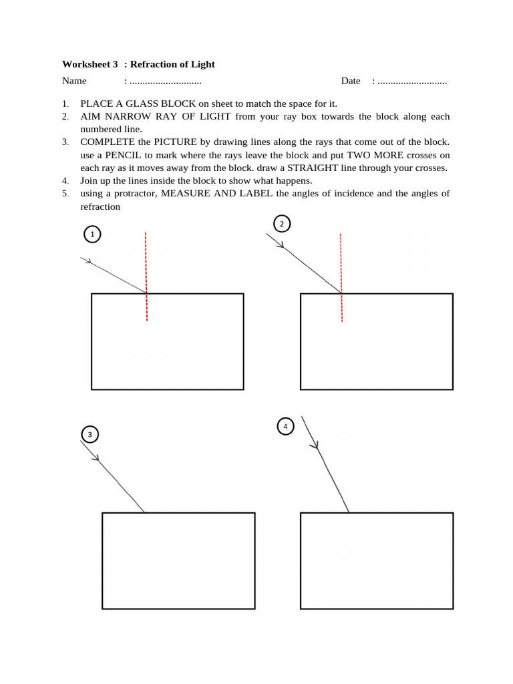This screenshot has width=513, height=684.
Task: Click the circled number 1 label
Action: [x=92, y=234]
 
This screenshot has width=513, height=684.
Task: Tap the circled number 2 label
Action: [x=282, y=224]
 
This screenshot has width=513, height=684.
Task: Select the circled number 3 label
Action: [x=90, y=435]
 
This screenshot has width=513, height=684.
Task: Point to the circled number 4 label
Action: [x=285, y=426]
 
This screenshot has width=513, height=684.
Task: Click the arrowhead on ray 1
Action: [x=88, y=261]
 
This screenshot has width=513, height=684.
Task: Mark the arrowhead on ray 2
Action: [x=281, y=244]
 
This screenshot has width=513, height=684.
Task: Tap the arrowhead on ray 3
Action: [x=96, y=458]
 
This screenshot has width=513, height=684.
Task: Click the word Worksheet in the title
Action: [x=85, y=65]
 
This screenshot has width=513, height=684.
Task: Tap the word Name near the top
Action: [x=74, y=81]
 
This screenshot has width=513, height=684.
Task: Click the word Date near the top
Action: [x=351, y=81]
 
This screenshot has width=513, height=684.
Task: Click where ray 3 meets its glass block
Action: [x=144, y=512]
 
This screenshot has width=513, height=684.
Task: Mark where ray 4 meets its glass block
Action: [x=349, y=512]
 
